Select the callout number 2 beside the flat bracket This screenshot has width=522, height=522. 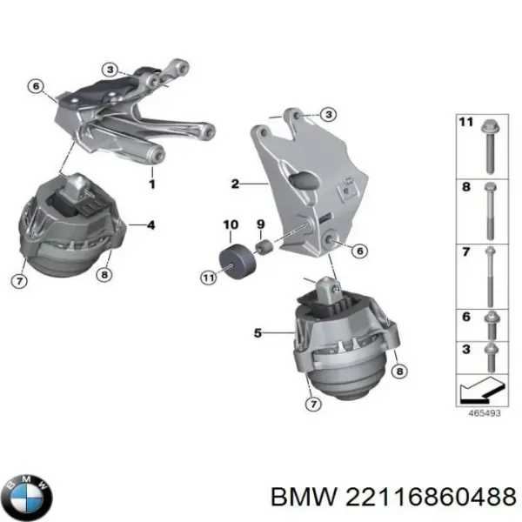[235, 184]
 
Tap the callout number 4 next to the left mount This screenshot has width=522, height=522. [151, 226]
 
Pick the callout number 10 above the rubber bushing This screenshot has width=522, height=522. [231, 225]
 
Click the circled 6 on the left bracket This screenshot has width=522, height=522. [36, 85]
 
